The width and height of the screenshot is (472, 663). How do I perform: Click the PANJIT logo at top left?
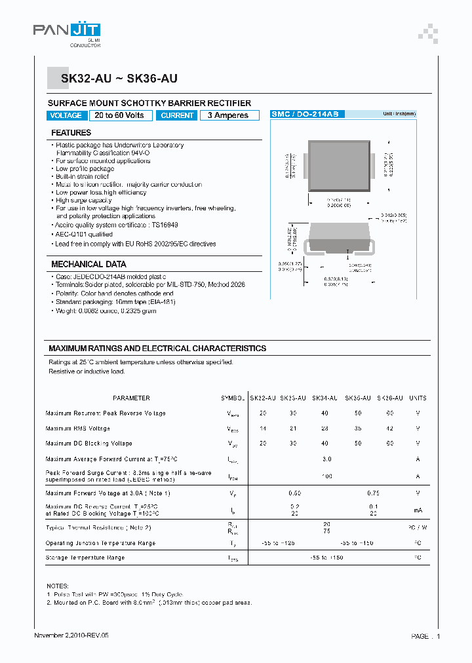tap(66, 31)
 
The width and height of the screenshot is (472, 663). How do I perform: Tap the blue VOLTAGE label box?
tap(66, 115)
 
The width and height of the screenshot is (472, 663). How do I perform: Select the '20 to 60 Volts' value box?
tap(120, 115)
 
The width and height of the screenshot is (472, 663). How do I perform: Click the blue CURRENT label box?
tap(177, 115)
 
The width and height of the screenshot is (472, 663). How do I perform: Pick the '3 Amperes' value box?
tap(228, 115)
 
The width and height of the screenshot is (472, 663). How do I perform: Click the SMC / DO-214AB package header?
tap(305, 114)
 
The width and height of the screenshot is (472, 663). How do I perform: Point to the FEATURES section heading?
tap(71, 133)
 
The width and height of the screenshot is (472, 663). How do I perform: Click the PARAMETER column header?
tap(131, 398)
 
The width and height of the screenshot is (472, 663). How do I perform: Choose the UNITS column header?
tap(418, 398)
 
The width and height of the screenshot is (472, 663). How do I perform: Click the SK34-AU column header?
tap(325, 398)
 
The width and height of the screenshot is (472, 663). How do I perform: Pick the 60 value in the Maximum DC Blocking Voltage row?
tap(390, 444)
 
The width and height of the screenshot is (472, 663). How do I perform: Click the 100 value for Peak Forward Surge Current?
tap(326, 476)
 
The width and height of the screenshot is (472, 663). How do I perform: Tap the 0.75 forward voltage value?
tap(373, 493)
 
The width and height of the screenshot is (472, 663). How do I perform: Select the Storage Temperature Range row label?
tap(85, 558)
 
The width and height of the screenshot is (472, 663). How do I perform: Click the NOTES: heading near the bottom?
tap(58, 586)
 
